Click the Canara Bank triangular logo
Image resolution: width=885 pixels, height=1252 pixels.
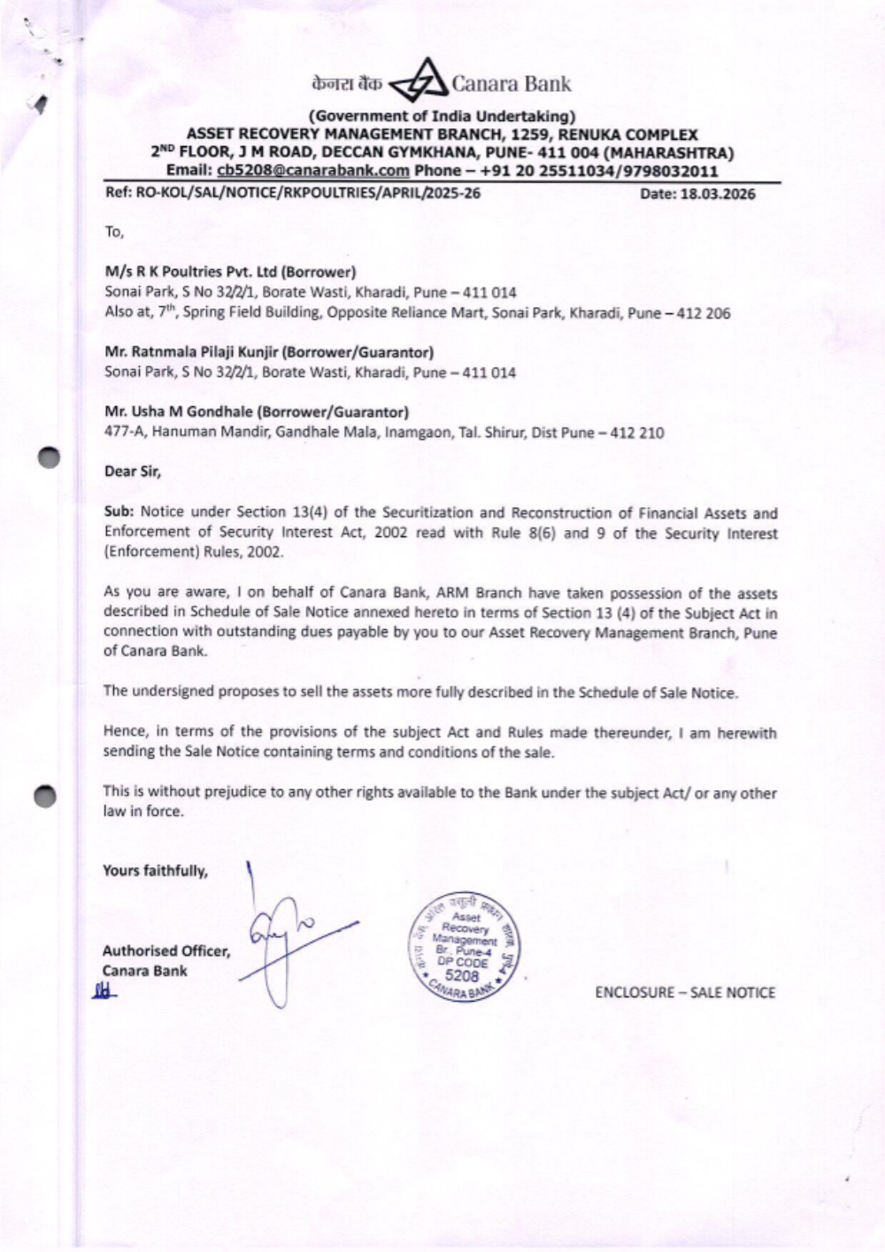pyautogui.click(x=420, y=84)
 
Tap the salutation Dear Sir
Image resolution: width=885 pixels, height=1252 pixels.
pyautogui.click(x=133, y=472)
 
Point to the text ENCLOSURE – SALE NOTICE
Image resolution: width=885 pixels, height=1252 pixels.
pyautogui.click(x=685, y=993)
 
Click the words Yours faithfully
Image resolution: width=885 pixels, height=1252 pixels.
pyautogui.click(x=156, y=871)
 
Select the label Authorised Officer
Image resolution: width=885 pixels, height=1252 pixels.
pyautogui.click(x=166, y=951)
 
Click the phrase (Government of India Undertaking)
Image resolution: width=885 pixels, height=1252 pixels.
pyautogui.click(x=442, y=116)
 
